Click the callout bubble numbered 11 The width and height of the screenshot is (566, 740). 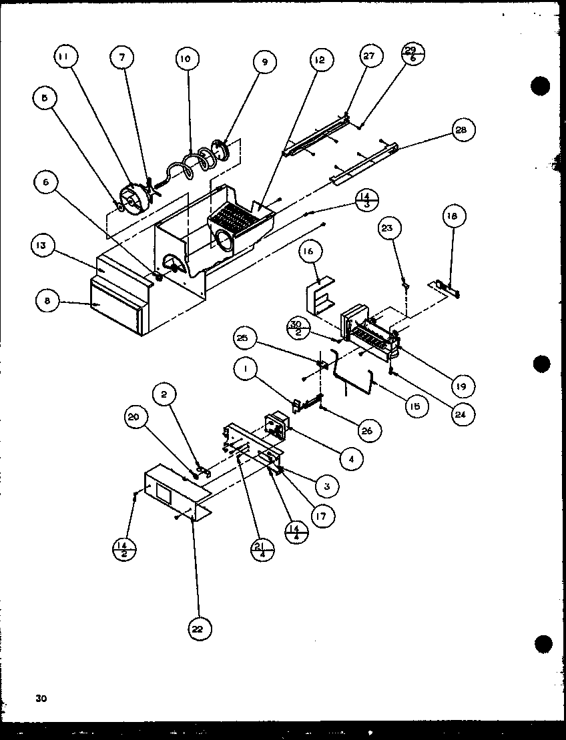(64, 58)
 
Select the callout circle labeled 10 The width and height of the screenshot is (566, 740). (185, 59)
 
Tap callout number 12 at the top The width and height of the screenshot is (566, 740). (320, 60)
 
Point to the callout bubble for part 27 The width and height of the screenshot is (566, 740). (369, 57)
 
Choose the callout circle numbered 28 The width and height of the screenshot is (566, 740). (462, 130)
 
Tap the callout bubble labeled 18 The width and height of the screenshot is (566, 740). (454, 216)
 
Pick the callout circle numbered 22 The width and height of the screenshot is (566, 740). (199, 628)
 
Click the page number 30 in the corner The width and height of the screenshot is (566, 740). (41, 699)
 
